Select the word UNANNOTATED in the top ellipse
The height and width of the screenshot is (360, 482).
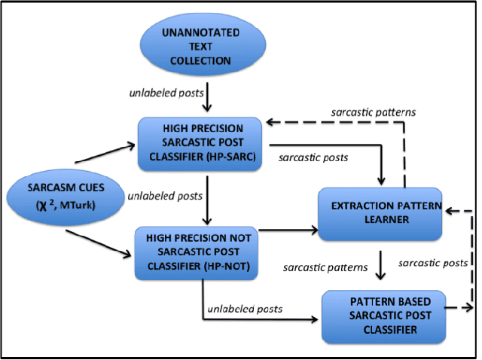(x=202, y=34)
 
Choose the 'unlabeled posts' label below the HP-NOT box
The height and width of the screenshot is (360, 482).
(x=247, y=308)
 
